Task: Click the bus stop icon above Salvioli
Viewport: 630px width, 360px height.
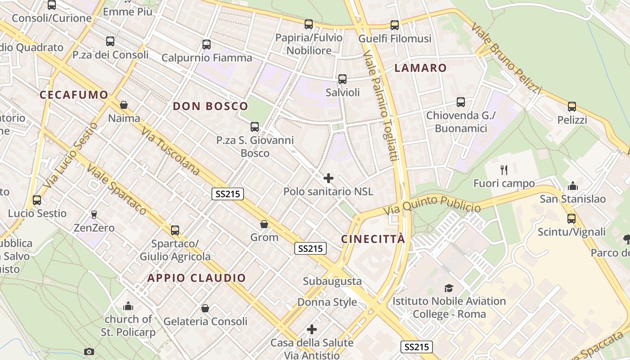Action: click(x=342, y=79)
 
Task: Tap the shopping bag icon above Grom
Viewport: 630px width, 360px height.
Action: click(x=264, y=224)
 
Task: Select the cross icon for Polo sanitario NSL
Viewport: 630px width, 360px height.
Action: click(x=328, y=178)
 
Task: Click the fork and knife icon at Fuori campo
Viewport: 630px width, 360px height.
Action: click(x=504, y=170)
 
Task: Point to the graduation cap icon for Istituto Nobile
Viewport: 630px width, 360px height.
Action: click(x=449, y=288)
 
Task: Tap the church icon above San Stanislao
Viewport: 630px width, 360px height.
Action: click(x=573, y=185)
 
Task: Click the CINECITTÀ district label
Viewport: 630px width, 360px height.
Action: click(x=373, y=239)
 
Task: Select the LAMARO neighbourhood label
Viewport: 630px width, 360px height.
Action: click(x=420, y=68)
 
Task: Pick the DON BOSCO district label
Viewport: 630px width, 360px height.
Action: click(x=211, y=106)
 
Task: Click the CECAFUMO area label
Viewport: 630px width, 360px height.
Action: click(x=74, y=95)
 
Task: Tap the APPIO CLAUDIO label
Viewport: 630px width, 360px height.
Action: click(x=197, y=278)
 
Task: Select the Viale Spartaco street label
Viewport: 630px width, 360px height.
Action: click(x=117, y=189)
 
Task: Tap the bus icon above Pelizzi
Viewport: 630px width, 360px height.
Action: click(x=572, y=107)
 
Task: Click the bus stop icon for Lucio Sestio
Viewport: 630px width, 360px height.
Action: click(x=37, y=200)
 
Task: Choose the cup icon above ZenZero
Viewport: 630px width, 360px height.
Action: click(x=94, y=215)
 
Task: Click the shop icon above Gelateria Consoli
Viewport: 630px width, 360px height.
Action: click(x=205, y=308)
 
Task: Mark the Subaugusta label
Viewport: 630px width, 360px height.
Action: click(x=332, y=281)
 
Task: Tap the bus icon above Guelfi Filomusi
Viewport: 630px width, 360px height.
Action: click(x=395, y=25)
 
